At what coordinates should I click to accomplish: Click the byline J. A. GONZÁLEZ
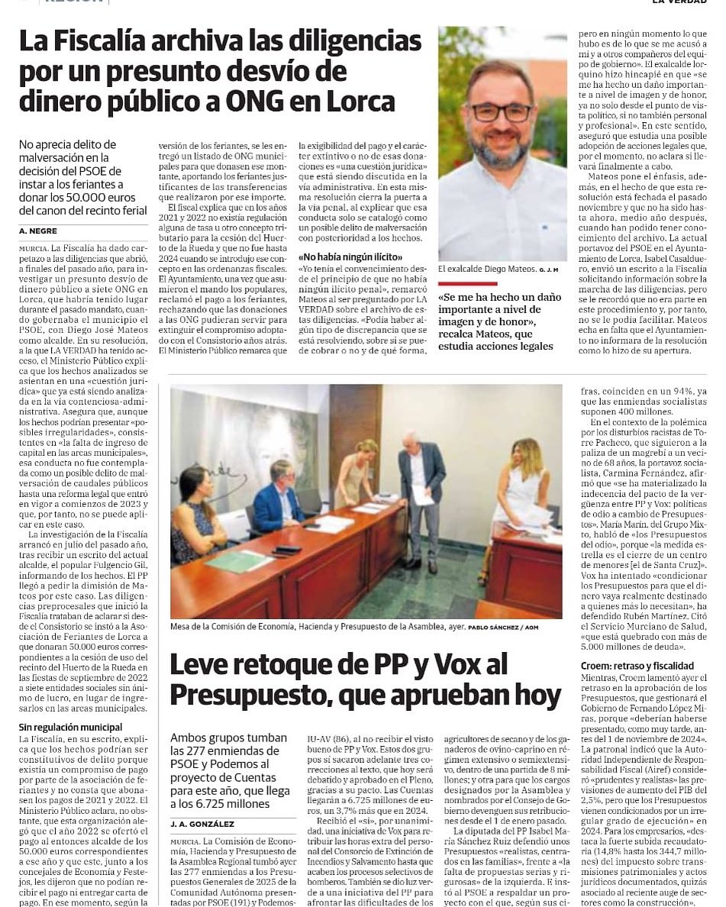202,824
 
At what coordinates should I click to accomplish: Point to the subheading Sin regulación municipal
70,727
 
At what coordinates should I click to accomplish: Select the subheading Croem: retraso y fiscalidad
638,666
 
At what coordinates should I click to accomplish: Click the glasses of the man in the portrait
501,112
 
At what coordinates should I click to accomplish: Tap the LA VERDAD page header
678,2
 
